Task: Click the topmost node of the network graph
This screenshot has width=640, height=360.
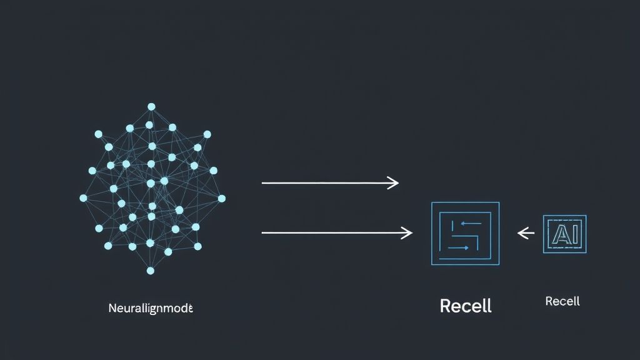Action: pyautogui.click(x=151, y=107)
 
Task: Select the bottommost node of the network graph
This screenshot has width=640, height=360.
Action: pyautogui.click(x=151, y=271)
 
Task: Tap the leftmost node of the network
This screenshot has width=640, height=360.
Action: pyautogui.click(x=83, y=198)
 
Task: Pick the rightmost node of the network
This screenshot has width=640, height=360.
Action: pyautogui.click(x=222, y=198)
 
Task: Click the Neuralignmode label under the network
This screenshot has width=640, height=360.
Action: pyautogui.click(x=151, y=308)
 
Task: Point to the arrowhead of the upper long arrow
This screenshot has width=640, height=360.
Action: pyautogui.click(x=394, y=183)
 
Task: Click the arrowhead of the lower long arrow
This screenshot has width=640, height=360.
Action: pyautogui.click(x=408, y=233)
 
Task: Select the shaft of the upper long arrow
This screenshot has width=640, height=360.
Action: pyautogui.click(x=325, y=183)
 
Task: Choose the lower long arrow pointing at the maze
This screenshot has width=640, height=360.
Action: pyautogui.click(x=331, y=233)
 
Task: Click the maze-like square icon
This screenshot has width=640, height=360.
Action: pyautogui.click(x=465, y=233)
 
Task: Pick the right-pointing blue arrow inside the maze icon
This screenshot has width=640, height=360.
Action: pyautogui.click(x=459, y=247)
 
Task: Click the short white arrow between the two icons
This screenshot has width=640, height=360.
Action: pyautogui.click(x=526, y=234)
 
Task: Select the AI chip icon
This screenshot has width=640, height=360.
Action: pyautogui.click(x=565, y=234)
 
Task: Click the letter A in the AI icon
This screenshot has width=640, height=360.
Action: pyautogui.click(x=559, y=234)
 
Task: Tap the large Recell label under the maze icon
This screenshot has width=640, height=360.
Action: pyautogui.click(x=466, y=306)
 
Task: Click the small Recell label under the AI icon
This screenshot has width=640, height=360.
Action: pyautogui.click(x=562, y=301)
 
